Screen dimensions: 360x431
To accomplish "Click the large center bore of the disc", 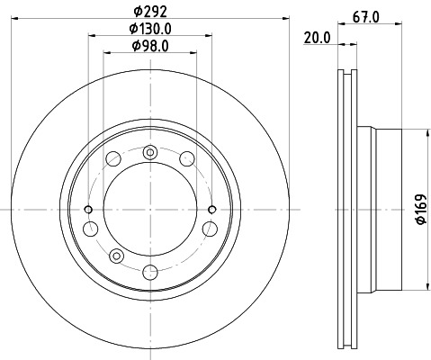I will (x=149, y=209).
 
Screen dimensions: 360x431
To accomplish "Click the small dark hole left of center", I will (x=88, y=209).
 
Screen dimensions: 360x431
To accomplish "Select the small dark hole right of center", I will (x=211, y=209).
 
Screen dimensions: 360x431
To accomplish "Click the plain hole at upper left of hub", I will (x=113, y=159).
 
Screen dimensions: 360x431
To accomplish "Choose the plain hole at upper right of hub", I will (x=187, y=159).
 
